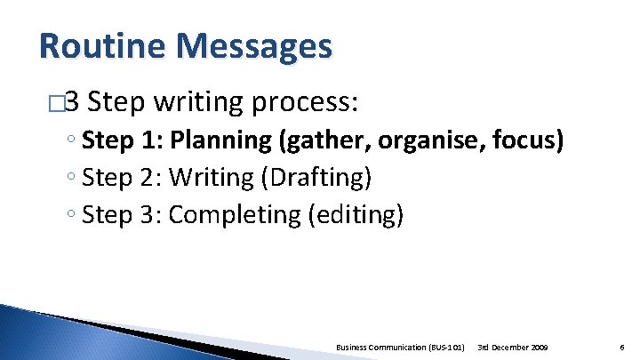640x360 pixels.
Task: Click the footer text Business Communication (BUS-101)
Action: pos(401,345)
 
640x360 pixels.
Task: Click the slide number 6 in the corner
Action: pos(620,345)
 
